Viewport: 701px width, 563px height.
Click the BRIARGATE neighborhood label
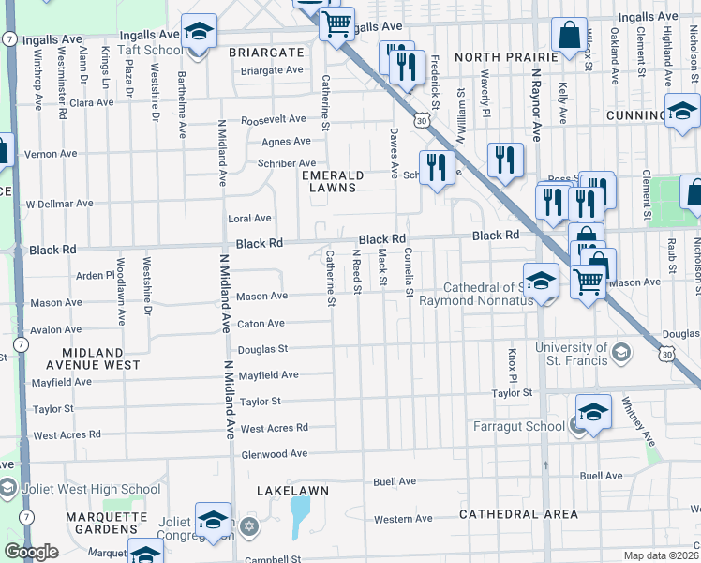[x=265, y=53]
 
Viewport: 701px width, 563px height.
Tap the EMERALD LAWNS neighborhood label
[x=332, y=181]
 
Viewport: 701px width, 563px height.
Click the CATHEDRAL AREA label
[x=518, y=514]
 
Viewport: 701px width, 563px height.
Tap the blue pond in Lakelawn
[x=300, y=517]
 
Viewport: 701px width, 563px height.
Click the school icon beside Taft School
[x=199, y=33]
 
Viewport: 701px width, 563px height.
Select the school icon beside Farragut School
[x=593, y=412]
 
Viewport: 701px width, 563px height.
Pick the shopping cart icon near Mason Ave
[x=588, y=279]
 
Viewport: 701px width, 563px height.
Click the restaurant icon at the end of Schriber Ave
[x=437, y=168]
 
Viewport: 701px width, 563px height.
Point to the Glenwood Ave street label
[x=274, y=453]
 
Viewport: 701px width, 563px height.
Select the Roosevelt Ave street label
[x=274, y=119]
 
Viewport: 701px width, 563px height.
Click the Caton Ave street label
[x=261, y=324]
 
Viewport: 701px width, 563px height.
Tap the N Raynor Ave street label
[x=536, y=103]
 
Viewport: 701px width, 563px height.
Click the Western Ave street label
[x=403, y=519]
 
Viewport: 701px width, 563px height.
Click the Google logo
[x=31, y=552]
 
